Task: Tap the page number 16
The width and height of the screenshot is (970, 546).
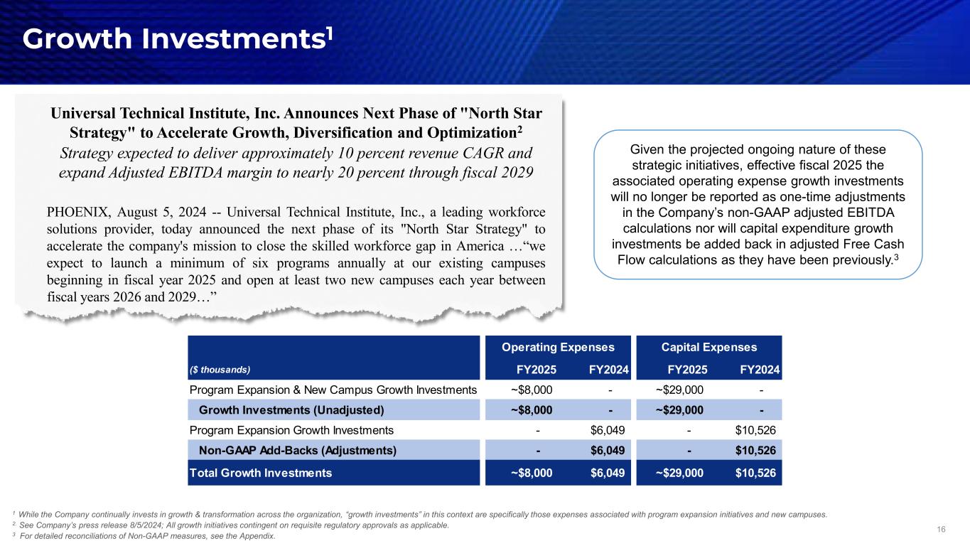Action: coord(942,529)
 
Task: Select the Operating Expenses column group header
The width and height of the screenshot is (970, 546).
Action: coord(558,347)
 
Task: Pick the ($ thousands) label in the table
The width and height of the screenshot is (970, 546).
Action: coord(220,370)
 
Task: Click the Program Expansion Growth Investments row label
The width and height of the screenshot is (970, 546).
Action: coord(291,430)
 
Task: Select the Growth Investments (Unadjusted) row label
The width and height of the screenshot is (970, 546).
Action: coord(291,409)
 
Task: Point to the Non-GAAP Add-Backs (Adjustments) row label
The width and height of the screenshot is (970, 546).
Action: coord(298,450)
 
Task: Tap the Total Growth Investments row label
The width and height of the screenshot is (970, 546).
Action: coord(260,472)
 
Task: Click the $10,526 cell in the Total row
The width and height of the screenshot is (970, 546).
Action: coord(755,472)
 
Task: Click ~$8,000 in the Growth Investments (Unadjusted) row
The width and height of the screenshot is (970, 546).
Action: coord(532,409)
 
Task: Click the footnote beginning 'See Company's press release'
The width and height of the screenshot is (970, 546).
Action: coord(234,525)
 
